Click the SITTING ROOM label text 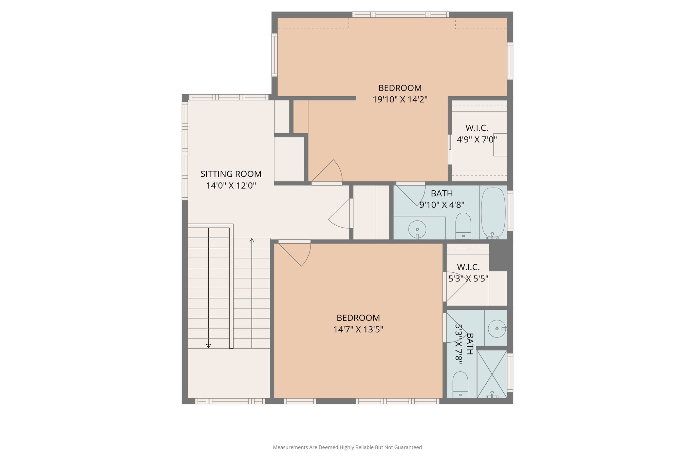click(x=231, y=174)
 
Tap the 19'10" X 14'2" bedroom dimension click(x=400, y=100)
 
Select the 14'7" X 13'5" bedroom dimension click(x=358, y=329)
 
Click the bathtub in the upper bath click(x=493, y=212)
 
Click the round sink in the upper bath click(x=417, y=229)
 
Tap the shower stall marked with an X click(x=492, y=374)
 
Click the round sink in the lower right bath click(x=496, y=329)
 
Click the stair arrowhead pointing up click(x=252, y=240)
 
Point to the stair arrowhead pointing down click(x=208, y=346)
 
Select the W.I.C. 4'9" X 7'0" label click(x=476, y=134)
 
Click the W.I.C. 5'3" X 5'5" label click(x=468, y=273)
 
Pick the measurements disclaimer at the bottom click(x=347, y=447)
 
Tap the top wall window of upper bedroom click(x=400, y=15)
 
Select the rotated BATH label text click(x=470, y=344)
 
